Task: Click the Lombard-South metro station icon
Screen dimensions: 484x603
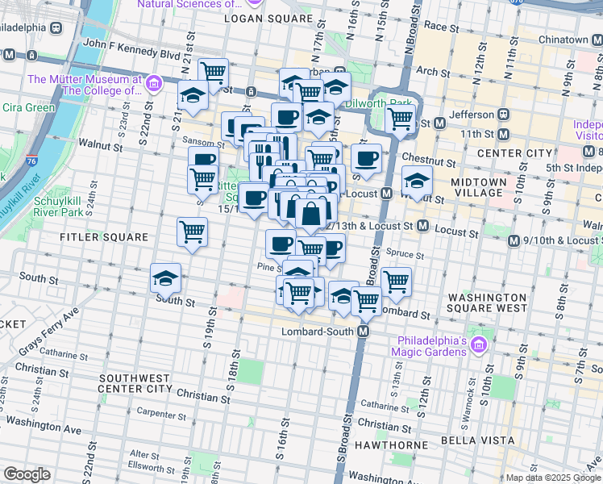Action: pyautogui.click(x=364, y=332)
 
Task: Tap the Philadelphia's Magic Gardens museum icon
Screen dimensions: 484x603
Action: pyautogui.click(x=478, y=344)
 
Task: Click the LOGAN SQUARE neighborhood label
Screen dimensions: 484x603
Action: pyautogui.click(x=256, y=18)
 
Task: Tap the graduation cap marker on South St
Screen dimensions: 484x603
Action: pyautogui.click(x=165, y=278)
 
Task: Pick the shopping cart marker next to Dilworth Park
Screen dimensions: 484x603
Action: pyautogui.click(x=400, y=119)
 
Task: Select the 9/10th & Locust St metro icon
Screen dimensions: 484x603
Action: pyautogui.click(x=514, y=240)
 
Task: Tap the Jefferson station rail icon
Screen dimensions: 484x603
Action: pyautogui.click(x=504, y=114)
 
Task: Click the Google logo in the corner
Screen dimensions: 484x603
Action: pyautogui.click(x=27, y=474)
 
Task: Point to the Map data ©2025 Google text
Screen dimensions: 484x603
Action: pyautogui.click(x=552, y=478)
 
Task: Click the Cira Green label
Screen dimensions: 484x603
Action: pyautogui.click(x=28, y=106)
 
